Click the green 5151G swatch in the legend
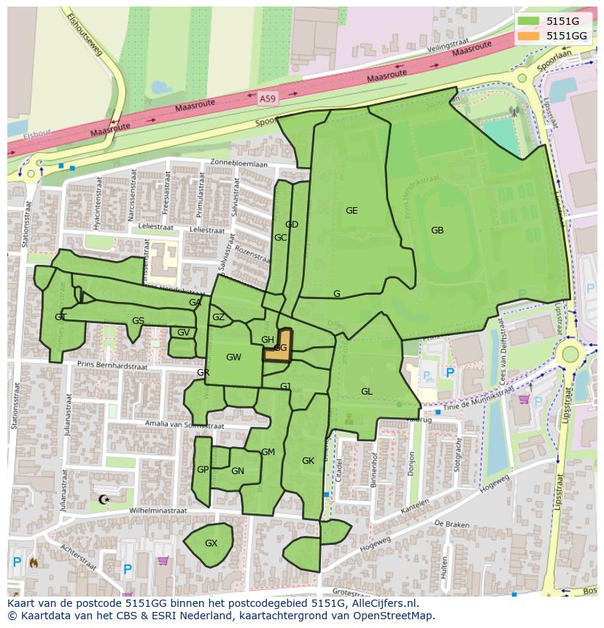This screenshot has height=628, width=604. (x=529, y=21)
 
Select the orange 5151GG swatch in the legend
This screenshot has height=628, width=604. (x=529, y=36)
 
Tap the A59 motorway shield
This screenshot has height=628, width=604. (x=268, y=96)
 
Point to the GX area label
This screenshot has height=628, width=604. (x=211, y=543)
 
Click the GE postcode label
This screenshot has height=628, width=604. (x=352, y=211)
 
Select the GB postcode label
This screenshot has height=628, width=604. (x=437, y=230)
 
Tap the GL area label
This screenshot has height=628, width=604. (x=366, y=392)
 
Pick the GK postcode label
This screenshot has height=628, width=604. (x=308, y=461)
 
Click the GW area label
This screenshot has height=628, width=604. (x=233, y=357)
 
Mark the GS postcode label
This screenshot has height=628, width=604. (x=138, y=321)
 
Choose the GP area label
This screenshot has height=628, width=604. (x=203, y=470)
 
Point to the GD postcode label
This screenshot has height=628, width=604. (x=292, y=225)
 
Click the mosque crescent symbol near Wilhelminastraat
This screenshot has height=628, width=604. (x=103, y=500)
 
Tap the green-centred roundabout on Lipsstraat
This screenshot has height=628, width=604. (x=570, y=354)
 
